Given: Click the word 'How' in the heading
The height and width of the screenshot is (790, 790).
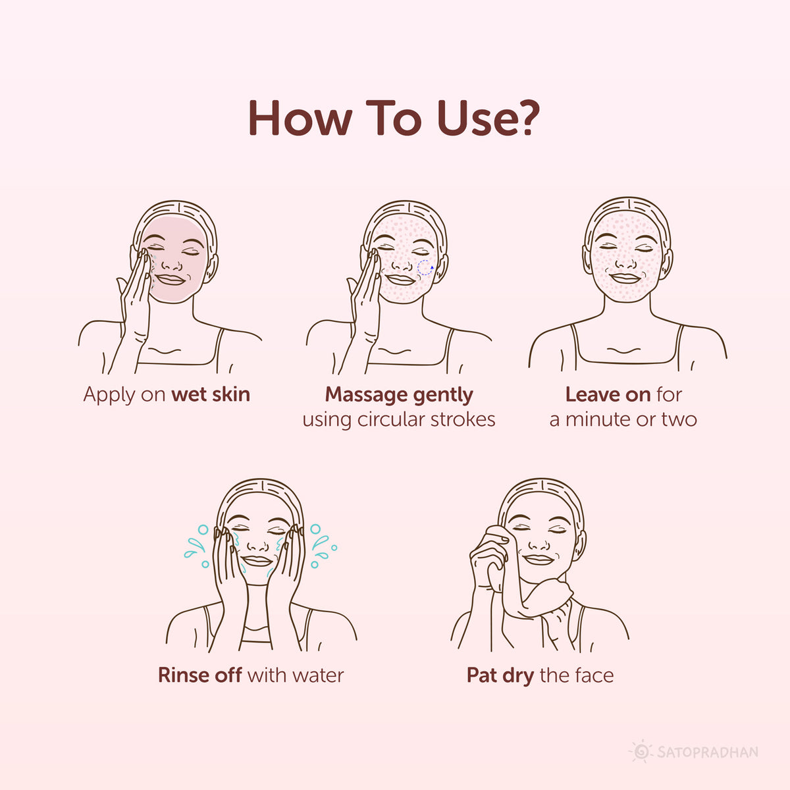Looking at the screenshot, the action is tap(300, 118).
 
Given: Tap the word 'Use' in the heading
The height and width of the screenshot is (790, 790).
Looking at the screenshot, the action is tap(475, 118).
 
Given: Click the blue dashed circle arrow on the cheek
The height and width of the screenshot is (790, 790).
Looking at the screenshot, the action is tap(425, 268).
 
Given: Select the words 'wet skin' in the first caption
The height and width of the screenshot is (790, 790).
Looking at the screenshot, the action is tap(211, 394).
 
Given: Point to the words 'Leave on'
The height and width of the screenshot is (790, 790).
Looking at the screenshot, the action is tap(608, 394).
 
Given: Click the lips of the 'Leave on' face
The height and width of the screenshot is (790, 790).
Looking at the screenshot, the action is tap(625, 278).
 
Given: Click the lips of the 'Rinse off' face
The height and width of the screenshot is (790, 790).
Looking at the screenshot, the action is tap(257, 561).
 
